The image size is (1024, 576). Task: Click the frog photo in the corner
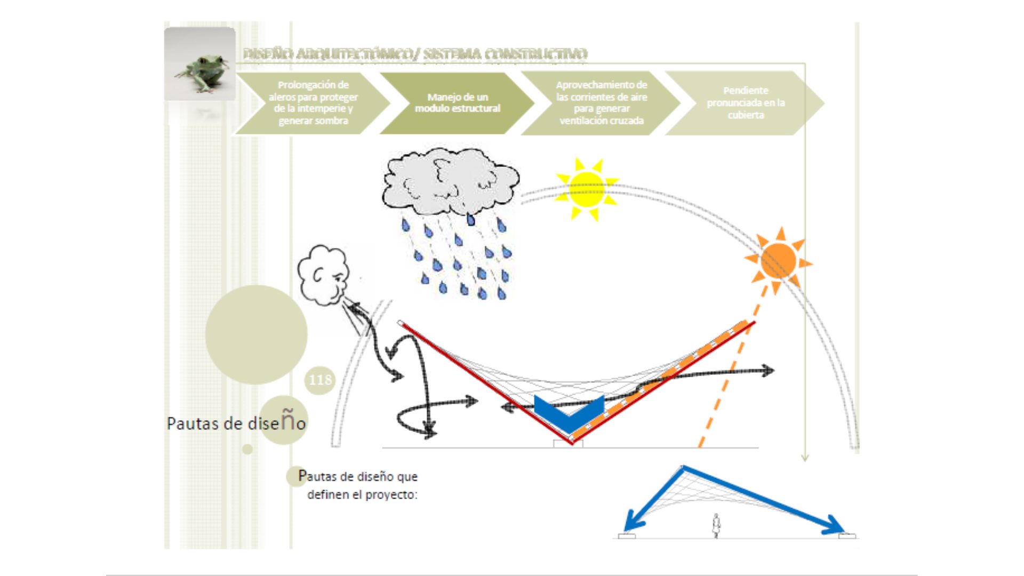coord(200,64)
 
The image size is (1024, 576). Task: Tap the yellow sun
coord(587,189)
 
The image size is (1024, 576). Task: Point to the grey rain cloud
coord(451,181)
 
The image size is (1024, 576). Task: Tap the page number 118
coord(320,380)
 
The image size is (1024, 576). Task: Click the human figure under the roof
coord(716,525)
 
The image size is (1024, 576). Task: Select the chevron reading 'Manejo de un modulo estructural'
coord(457,102)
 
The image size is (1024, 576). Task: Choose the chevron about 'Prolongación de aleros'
coord(313,102)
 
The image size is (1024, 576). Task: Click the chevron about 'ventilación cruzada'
coord(601,102)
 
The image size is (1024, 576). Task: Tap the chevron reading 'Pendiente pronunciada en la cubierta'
coord(745,102)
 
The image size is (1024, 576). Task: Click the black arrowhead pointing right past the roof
coord(769,370)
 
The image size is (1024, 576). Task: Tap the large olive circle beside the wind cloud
coord(256,334)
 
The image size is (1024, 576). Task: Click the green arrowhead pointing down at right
coord(805,457)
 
